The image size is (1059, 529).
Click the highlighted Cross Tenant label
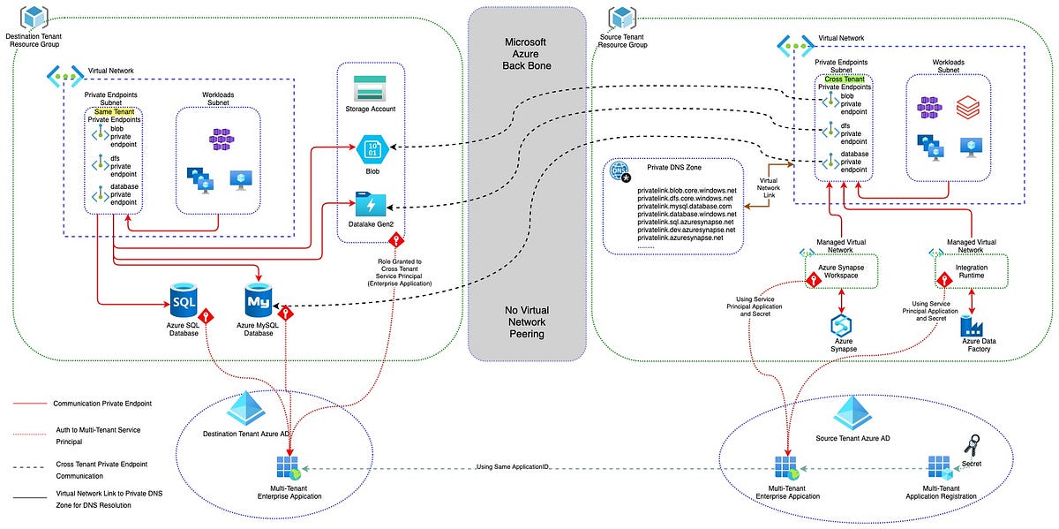tap(844, 79)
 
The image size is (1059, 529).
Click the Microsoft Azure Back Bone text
tap(526, 55)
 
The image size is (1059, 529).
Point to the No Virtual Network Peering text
tap(526, 322)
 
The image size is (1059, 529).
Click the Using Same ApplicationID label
tap(512, 466)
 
